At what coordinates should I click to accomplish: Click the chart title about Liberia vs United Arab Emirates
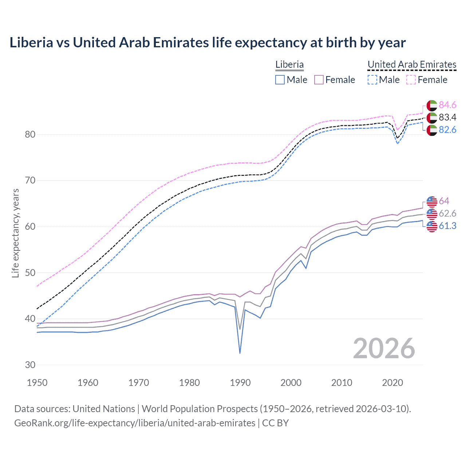(208, 43)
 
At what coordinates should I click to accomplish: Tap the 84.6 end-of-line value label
(447, 105)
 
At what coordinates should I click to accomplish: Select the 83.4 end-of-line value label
(447, 117)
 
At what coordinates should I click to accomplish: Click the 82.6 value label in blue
(447, 130)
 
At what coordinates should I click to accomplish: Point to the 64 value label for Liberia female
(444, 201)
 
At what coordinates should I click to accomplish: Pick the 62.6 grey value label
(447, 213)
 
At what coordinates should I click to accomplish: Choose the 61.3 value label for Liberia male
(447, 226)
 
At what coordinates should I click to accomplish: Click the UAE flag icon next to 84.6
(432, 105)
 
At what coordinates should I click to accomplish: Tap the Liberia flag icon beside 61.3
(432, 226)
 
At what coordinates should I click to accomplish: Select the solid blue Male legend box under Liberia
(280, 80)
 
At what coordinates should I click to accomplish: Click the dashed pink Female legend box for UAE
(411, 80)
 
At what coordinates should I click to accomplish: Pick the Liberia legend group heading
(289, 65)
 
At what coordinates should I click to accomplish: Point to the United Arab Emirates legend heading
(412, 65)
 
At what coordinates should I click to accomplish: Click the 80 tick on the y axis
(30, 135)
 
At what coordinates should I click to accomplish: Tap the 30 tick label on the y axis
(30, 365)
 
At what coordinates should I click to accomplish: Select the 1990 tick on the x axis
(240, 383)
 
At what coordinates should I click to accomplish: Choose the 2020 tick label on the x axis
(392, 383)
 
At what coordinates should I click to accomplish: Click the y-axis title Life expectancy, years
(16, 233)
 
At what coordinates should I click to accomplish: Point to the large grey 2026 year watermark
(384, 348)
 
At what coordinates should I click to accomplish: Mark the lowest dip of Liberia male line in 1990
(240, 353)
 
